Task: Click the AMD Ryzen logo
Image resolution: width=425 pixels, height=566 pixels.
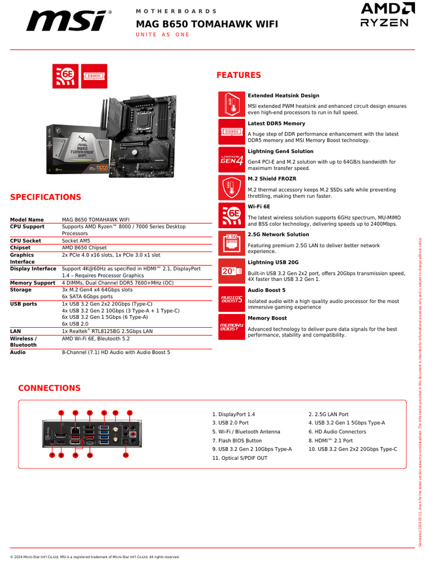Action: coord(387,15)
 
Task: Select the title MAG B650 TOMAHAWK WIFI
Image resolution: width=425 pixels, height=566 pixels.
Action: coord(207,24)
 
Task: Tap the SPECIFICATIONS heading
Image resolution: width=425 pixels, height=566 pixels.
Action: coord(46,197)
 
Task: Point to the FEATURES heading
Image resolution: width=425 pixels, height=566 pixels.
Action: coord(239,75)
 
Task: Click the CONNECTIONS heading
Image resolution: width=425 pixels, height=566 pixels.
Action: coord(49,388)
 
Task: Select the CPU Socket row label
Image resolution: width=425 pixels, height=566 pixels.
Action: coord(25,241)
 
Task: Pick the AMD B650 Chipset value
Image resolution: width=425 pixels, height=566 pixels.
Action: coord(84,248)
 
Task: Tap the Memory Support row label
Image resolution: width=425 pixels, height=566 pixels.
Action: coord(33,283)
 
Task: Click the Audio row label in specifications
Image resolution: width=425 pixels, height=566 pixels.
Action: coord(18,352)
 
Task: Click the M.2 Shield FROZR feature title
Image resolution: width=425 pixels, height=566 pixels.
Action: coord(272,179)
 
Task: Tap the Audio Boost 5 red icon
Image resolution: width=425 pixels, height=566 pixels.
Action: coord(231,299)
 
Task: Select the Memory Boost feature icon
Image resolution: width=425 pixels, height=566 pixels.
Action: coord(231,327)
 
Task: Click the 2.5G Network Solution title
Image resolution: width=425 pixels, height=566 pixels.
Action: coord(278,235)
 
